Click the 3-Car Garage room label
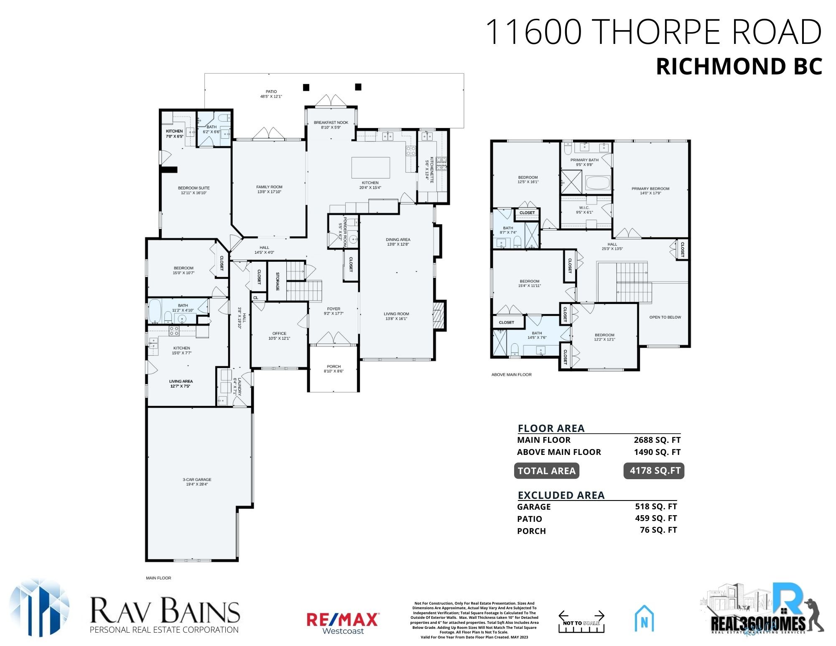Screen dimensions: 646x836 [x=197, y=482]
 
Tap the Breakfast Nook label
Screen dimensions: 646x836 [x=331, y=125]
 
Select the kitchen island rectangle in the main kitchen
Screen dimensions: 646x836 [x=370, y=168]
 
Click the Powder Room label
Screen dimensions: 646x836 [x=343, y=231]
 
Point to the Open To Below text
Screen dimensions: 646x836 [x=665, y=317]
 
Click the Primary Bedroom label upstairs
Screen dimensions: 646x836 [x=650, y=191]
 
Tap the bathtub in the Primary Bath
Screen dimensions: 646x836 [x=598, y=183]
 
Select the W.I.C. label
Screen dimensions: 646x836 [x=584, y=210]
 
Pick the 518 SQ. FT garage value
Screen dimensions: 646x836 [x=655, y=506]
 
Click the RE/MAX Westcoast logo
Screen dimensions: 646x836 [x=343, y=623]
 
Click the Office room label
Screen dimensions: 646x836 [x=279, y=336]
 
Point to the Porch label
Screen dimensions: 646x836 [x=334, y=368]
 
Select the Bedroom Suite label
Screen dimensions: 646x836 [x=194, y=190]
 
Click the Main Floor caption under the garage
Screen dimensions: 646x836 [x=158, y=578]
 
